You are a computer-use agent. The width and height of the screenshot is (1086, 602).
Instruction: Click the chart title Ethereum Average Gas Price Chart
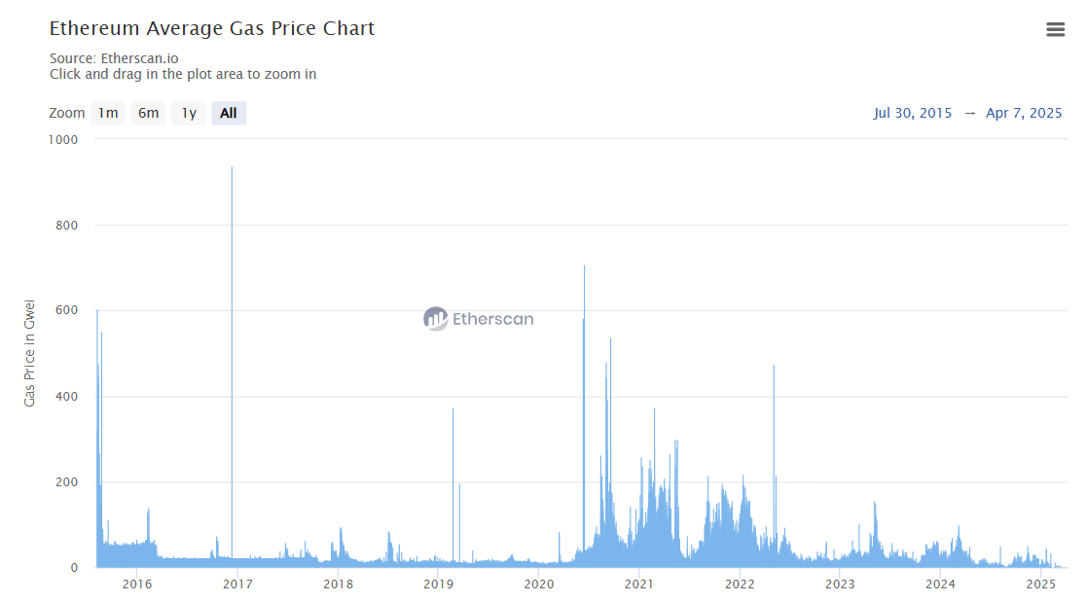[x=211, y=28]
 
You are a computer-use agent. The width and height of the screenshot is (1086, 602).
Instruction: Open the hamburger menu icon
[x=1055, y=29]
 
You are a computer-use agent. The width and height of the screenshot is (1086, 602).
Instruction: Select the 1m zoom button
[x=107, y=113]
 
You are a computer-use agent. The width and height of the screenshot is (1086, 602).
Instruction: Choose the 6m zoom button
[x=148, y=113]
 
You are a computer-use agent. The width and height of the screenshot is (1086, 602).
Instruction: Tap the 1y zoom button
[x=189, y=113]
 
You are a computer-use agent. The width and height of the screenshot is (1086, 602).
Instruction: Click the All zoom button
[x=229, y=113]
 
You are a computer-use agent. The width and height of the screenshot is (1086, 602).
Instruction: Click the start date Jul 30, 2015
[x=913, y=113]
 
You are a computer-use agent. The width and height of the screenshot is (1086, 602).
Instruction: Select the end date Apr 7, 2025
[x=1024, y=113]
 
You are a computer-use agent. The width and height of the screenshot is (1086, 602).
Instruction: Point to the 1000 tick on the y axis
[x=64, y=139]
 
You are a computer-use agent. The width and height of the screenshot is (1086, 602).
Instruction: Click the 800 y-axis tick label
[x=67, y=226]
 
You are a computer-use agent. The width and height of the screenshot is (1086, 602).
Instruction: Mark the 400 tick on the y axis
[x=67, y=397]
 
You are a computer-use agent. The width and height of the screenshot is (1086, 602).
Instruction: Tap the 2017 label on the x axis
[x=237, y=584]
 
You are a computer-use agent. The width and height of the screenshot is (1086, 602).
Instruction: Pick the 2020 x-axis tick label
[x=538, y=584]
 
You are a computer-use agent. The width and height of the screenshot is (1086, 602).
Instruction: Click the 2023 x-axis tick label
[x=840, y=584]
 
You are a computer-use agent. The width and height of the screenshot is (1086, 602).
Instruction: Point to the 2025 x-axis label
[x=1040, y=584]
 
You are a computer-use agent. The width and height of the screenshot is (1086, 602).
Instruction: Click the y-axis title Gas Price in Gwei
[x=30, y=353]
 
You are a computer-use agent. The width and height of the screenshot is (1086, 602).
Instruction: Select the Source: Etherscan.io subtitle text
[x=114, y=58]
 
